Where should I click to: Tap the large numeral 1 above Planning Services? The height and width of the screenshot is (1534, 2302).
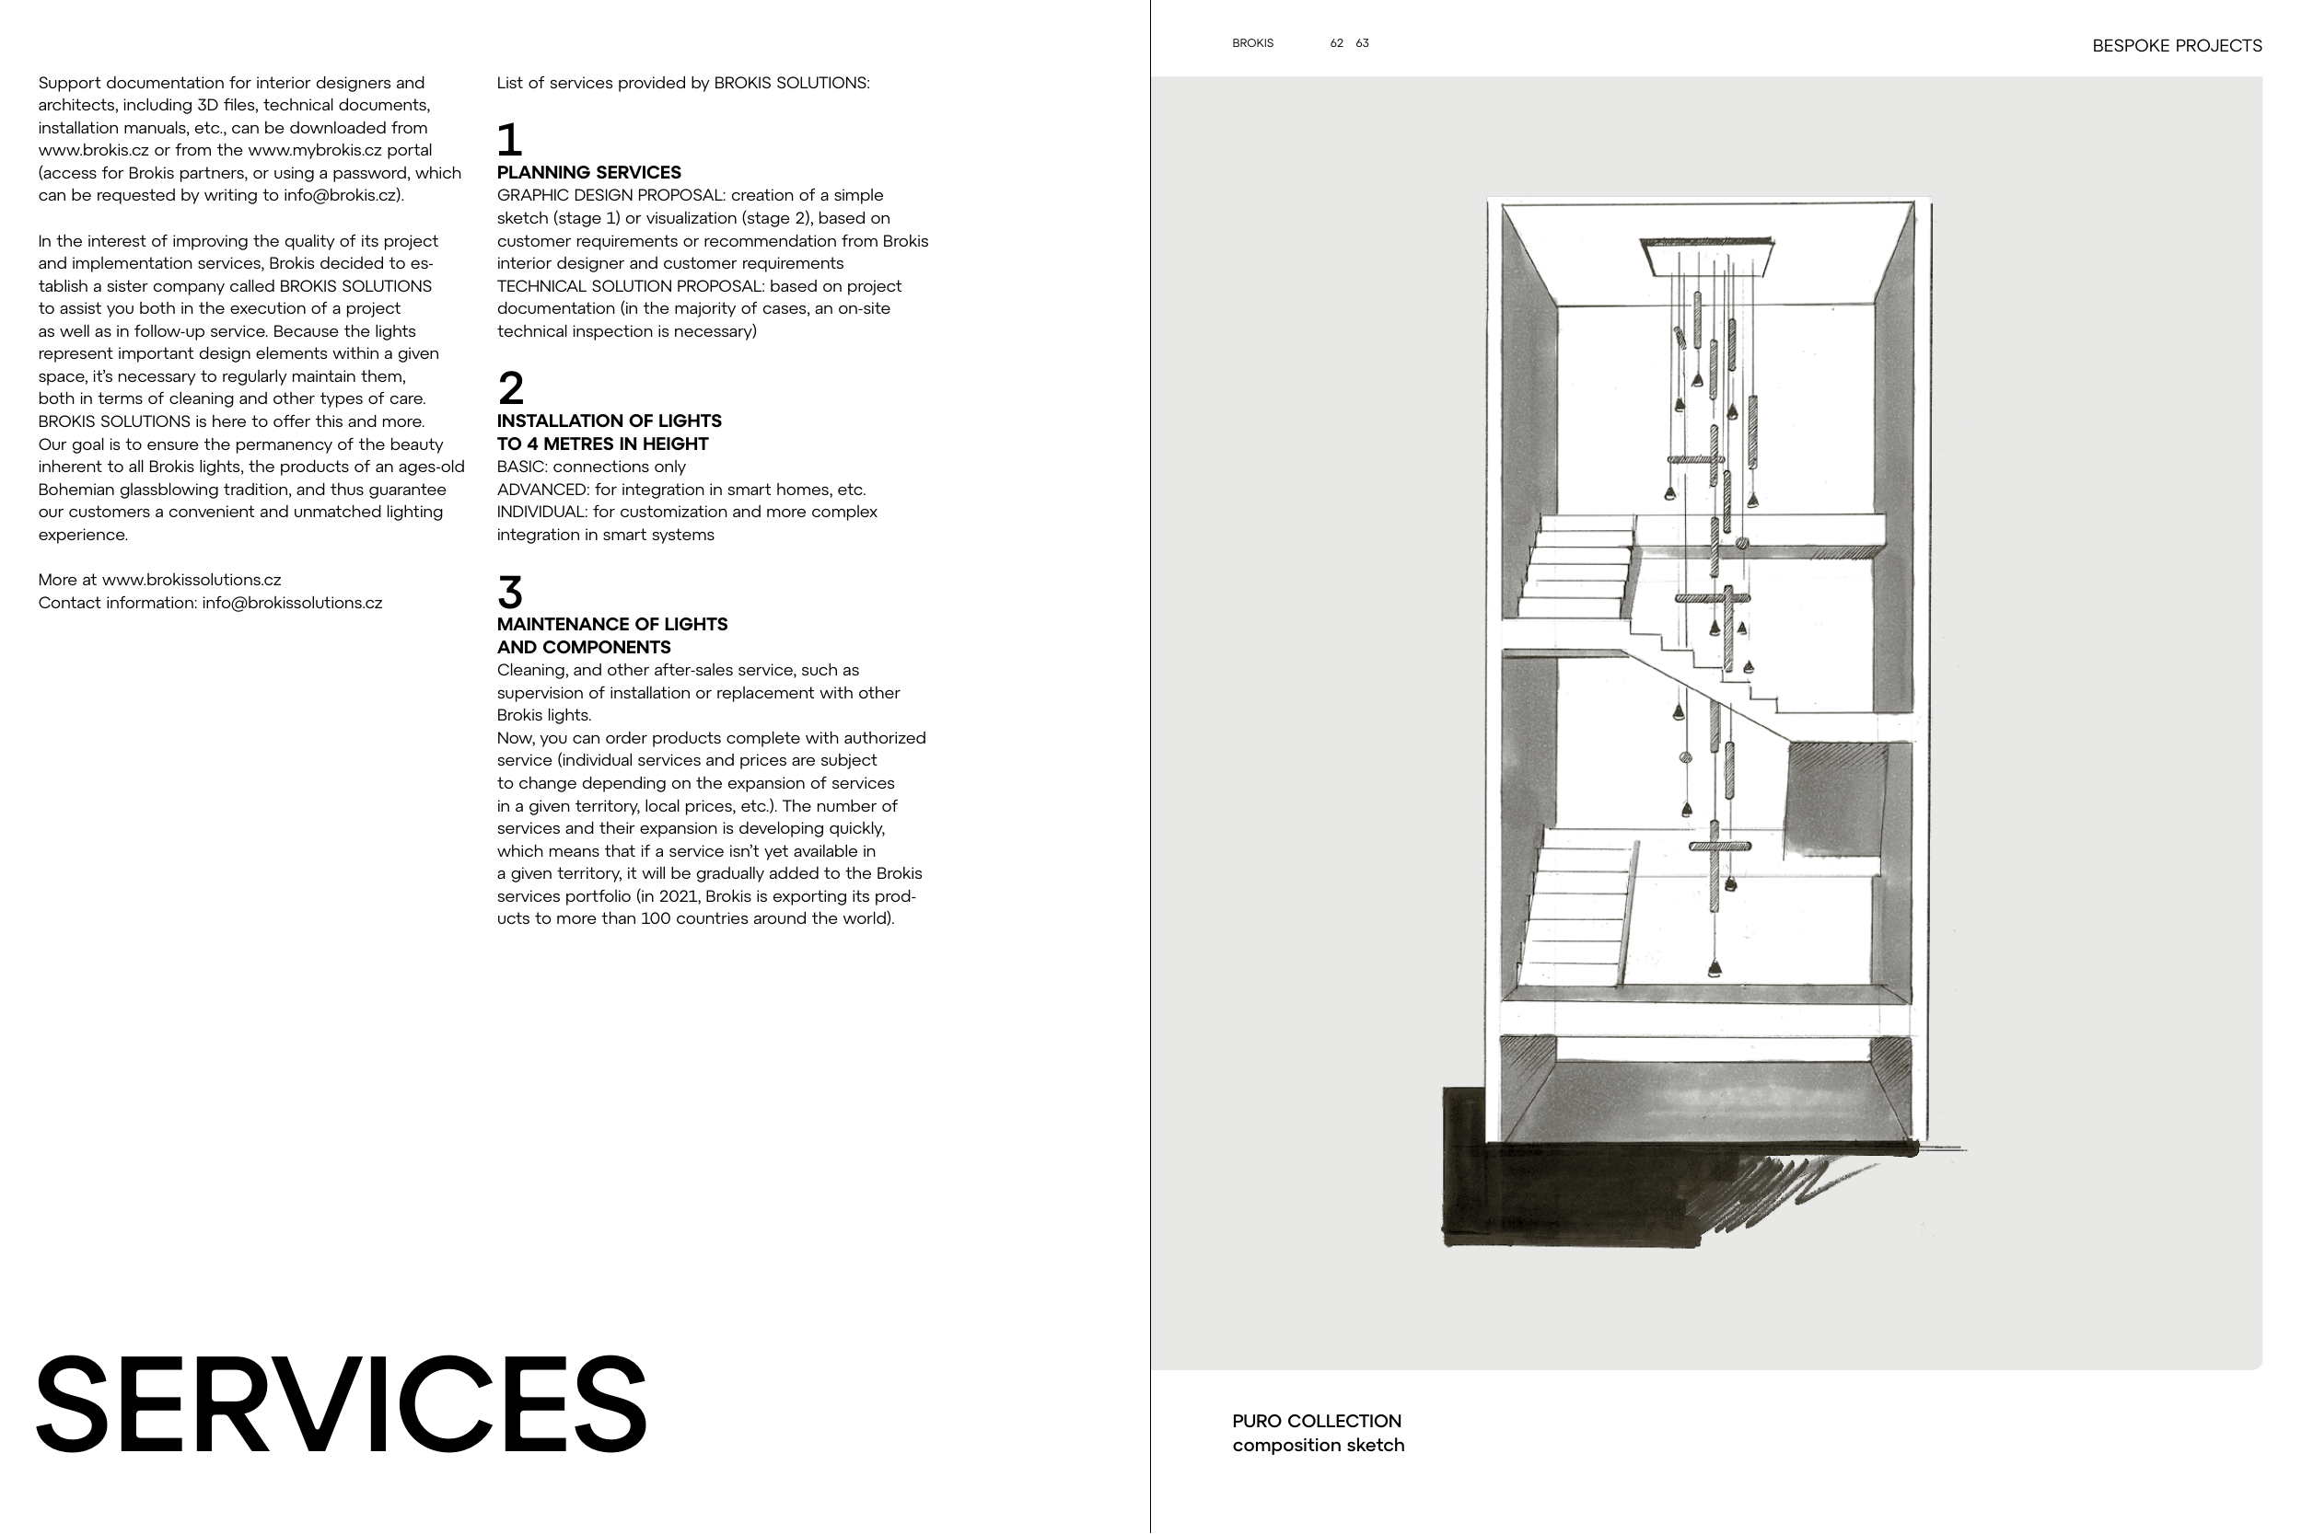pyautogui.click(x=509, y=140)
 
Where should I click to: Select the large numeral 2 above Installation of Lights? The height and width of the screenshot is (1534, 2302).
pyautogui.click(x=510, y=388)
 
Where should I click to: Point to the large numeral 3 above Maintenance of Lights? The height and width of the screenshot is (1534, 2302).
pyautogui.click(x=510, y=592)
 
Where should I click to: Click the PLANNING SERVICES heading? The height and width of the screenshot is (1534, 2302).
pyautogui.click(x=588, y=172)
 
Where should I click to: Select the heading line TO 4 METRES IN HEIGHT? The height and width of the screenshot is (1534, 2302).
pyautogui.click(x=602, y=444)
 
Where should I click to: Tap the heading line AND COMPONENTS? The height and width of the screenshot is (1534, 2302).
pyautogui.click(x=584, y=647)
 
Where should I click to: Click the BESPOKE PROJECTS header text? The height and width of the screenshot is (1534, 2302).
pyautogui.click(x=2176, y=46)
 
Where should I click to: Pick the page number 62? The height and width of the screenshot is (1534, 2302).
pyautogui.click(x=1336, y=43)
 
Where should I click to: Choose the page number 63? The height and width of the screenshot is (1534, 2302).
pyautogui.click(x=1362, y=43)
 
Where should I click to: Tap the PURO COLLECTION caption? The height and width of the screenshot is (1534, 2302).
pyautogui.click(x=1316, y=1421)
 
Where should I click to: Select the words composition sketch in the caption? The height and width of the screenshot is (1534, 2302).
pyautogui.click(x=1318, y=1445)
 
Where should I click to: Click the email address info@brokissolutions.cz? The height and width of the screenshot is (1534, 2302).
pyautogui.click(x=292, y=603)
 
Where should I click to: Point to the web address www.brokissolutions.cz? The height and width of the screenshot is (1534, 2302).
pyautogui.click(x=191, y=579)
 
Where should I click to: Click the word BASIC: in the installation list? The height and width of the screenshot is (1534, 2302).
pyautogui.click(x=520, y=467)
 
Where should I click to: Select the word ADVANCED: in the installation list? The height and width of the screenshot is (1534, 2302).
pyautogui.click(x=542, y=490)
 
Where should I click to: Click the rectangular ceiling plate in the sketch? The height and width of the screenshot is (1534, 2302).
pyautogui.click(x=1707, y=257)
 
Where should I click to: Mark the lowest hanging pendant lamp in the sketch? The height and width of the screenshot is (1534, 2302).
pyautogui.click(x=1714, y=969)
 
